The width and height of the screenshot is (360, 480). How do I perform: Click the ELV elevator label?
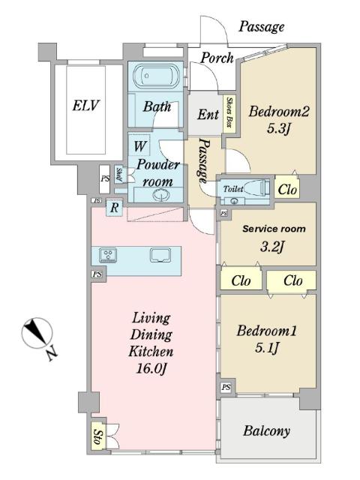(x=85, y=106)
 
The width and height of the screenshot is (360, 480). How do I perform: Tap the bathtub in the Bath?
(x=156, y=75)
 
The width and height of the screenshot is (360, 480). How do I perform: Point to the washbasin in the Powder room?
(x=159, y=195)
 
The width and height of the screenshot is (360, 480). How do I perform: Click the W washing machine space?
(x=140, y=145)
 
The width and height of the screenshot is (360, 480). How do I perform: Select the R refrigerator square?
(x=114, y=208)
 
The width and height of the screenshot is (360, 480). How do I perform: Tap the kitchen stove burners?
(x=108, y=255)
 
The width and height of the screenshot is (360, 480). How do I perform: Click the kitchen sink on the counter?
(x=160, y=255)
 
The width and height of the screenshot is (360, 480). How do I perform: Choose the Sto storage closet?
(x=98, y=436)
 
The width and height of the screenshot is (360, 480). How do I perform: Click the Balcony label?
(x=267, y=431)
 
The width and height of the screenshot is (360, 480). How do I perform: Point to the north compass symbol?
(x=37, y=333)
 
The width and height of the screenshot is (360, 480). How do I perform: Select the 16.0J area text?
(x=151, y=368)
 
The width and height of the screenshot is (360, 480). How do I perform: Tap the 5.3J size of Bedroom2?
(x=278, y=128)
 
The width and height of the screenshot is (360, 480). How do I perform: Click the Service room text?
(x=274, y=229)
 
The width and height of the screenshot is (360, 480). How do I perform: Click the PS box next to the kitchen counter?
(x=97, y=274)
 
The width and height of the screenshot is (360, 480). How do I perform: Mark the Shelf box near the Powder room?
(x=119, y=175)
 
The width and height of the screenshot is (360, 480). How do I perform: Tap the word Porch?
(x=217, y=58)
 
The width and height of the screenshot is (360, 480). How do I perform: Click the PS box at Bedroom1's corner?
(x=226, y=387)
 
